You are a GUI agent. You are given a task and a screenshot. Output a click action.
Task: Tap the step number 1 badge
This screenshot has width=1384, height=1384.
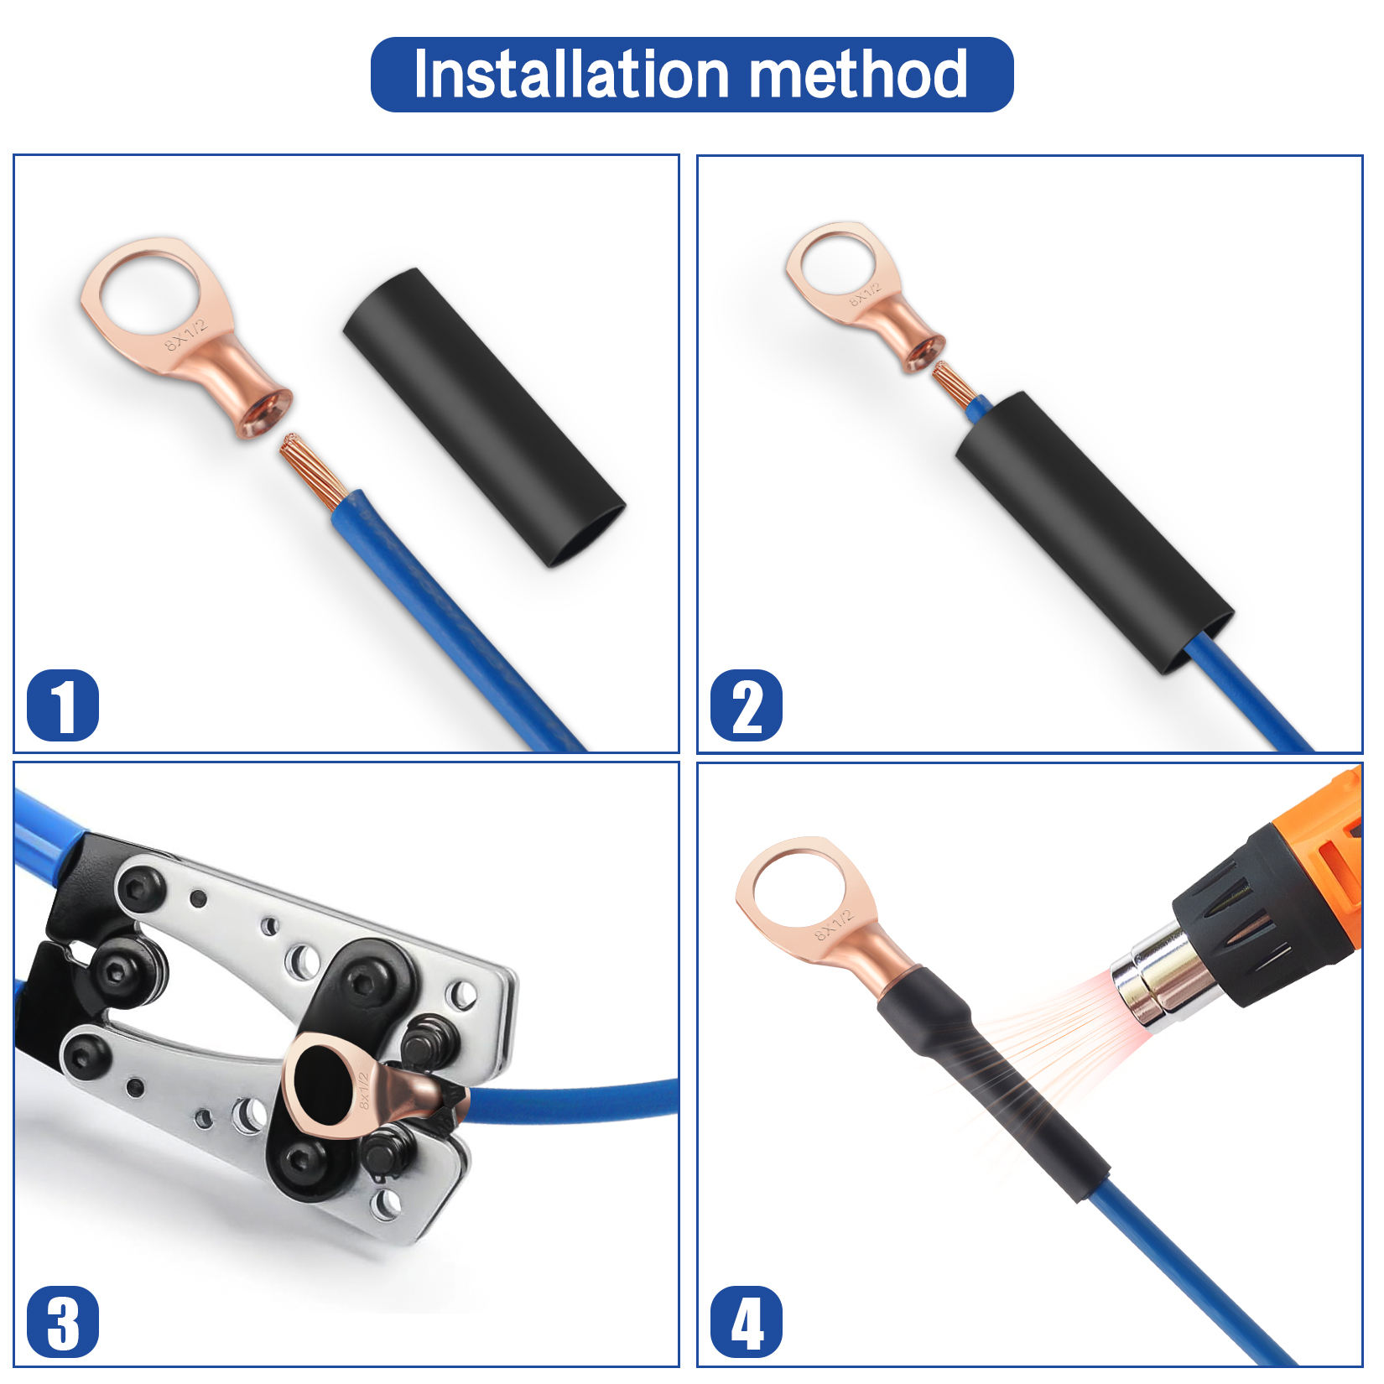pyautogui.click(x=63, y=705)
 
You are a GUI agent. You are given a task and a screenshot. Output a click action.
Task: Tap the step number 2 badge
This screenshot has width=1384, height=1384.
pyautogui.click(x=746, y=705)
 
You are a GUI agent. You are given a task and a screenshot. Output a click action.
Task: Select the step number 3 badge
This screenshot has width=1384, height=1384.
pyautogui.click(x=63, y=1321)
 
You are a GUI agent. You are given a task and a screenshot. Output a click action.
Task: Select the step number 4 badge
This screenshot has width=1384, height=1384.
pyautogui.click(x=746, y=1321)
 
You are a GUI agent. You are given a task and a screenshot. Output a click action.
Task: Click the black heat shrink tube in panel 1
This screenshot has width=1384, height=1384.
pyautogui.click(x=485, y=417)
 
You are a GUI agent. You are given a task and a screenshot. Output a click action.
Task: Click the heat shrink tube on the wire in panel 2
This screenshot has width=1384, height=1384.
pyautogui.click(x=1095, y=533)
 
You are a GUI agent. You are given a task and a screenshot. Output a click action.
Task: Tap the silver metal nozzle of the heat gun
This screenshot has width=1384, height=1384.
pyautogui.click(x=1162, y=977)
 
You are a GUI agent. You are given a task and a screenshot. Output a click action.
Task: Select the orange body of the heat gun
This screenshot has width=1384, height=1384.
pyautogui.click(x=1334, y=864)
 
